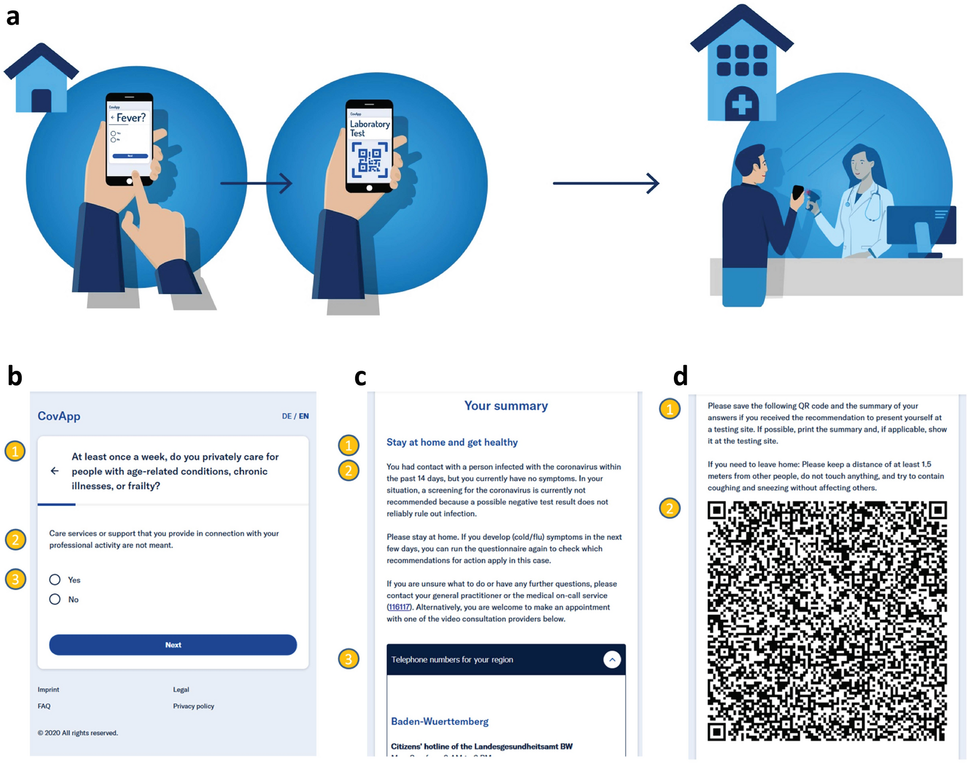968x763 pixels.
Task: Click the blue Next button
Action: pos(173,645)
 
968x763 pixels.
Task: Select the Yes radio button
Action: pos(55,580)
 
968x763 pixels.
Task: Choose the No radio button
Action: pos(55,600)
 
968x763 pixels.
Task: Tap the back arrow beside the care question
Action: pos(55,471)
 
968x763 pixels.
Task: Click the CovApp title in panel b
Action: pos(59,416)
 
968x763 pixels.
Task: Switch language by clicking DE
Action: pos(286,416)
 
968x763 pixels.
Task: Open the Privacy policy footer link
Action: pos(193,706)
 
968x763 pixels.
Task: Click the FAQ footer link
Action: pos(44,706)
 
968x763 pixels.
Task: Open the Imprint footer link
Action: pos(48,689)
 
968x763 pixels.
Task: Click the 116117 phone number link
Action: pos(399,607)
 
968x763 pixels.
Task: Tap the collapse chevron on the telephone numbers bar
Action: pos(612,660)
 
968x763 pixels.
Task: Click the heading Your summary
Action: pos(506,406)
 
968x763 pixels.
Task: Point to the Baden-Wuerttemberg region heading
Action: pos(440,721)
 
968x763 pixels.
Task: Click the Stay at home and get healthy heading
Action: pos(452,442)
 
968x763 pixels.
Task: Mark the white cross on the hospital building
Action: pos(741,105)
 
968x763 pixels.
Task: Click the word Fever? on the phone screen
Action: pos(131,118)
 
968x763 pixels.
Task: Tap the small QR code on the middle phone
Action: pos(370,160)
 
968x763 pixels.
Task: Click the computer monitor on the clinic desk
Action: pos(921,225)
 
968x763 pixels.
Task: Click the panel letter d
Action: pos(680,376)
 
